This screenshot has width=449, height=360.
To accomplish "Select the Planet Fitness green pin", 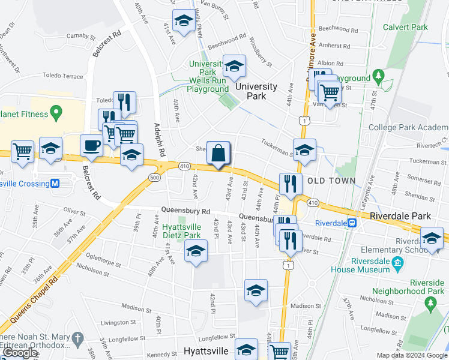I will tap(56, 112).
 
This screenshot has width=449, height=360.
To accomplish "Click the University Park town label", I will tap(256, 91).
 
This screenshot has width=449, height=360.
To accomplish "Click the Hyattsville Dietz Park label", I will tap(181, 231).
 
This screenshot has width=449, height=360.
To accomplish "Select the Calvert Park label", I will tap(406, 27).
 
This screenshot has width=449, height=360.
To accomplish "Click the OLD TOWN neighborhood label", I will tap(332, 181).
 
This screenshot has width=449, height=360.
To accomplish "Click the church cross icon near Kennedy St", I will tap(76, 340).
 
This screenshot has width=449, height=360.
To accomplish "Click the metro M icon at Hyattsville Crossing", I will tap(55, 184).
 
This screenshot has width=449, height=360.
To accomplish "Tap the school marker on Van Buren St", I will tap(183, 22).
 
